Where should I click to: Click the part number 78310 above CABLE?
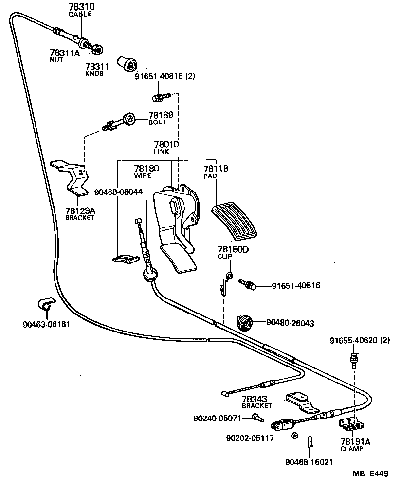pyautogui.click(x=81, y=7)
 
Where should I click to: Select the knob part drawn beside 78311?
pyautogui.click(x=128, y=64)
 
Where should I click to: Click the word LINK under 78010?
pyautogui.click(x=161, y=152)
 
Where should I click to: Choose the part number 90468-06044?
pyautogui.click(x=118, y=192)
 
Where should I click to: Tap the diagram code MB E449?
pyautogui.click(x=371, y=474)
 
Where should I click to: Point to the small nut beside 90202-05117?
pyautogui.click(x=294, y=436)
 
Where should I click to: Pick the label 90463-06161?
pyautogui.click(x=46, y=325)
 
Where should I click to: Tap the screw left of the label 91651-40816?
pyautogui.click(x=247, y=284)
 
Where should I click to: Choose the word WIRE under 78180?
pyautogui.click(x=143, y=175)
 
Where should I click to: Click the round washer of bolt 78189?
pyautogui.click(x=129, y=119)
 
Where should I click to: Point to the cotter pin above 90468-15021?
pyautogui.click(x=310, y=441)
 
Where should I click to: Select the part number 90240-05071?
pyautogui.click(x=217, y=418)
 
